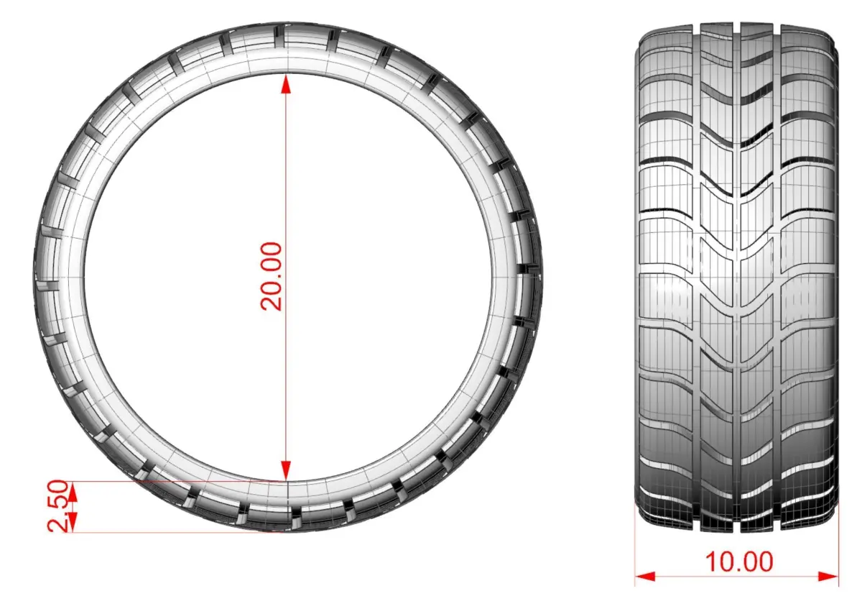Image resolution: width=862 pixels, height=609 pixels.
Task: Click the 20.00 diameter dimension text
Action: click(x=272, y=276)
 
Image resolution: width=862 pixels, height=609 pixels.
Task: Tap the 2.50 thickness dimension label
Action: click(x=57, y=505)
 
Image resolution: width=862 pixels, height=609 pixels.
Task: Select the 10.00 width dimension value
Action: click(x=739, y=562)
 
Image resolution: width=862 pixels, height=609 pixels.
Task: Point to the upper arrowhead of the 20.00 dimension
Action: click(x=286, y=84)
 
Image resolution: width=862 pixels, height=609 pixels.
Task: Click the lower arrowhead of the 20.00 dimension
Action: click(x=286, y=471)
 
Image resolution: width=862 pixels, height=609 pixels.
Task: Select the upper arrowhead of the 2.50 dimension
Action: click(x=73, y=492)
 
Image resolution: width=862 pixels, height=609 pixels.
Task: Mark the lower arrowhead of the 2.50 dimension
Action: click(x=73, y=522)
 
